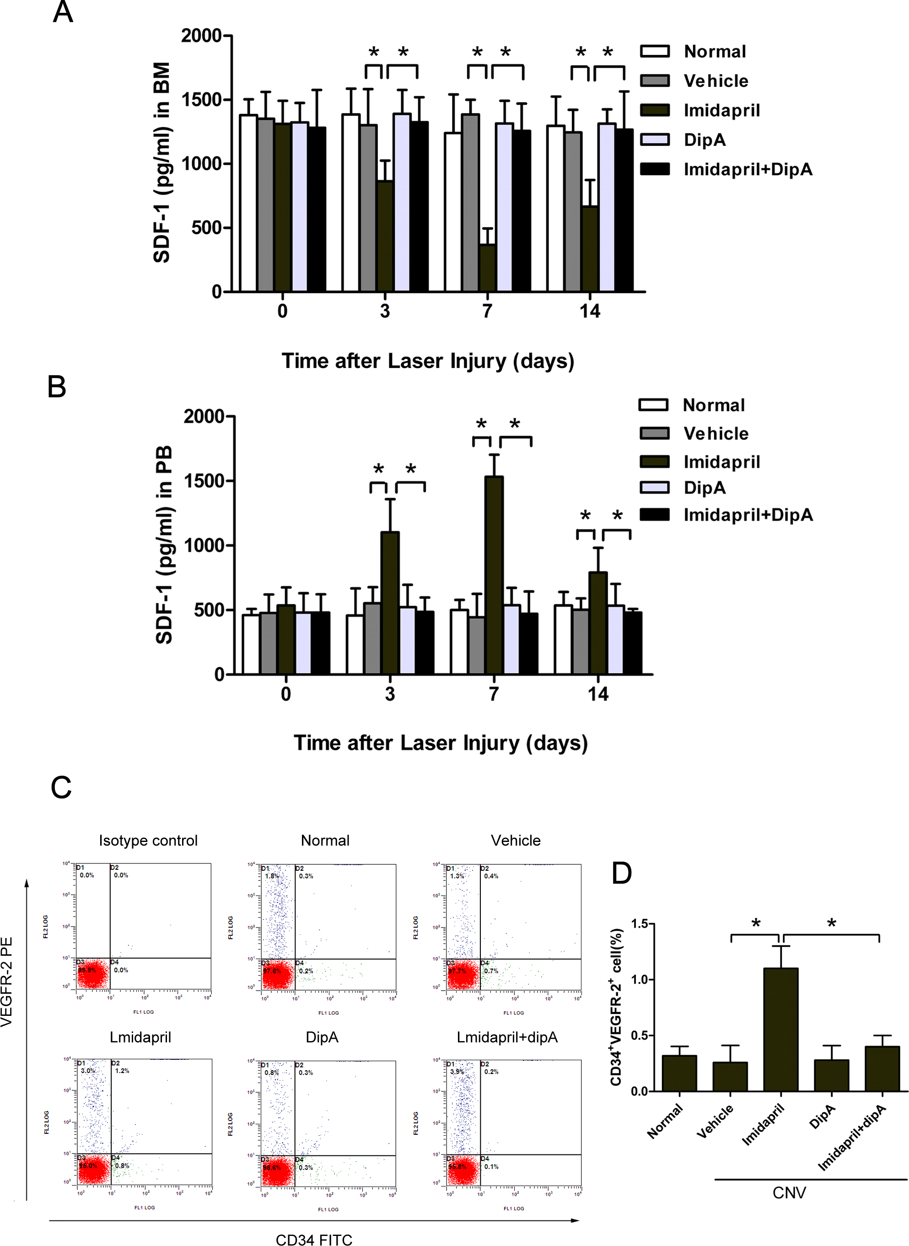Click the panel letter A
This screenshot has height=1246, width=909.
click(63, 12)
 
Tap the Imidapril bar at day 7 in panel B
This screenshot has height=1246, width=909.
click(494, 575)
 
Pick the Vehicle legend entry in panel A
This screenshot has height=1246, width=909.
click(715, 81)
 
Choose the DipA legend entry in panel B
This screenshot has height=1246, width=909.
click(705, 488)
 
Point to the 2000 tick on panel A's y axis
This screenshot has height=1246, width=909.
click(201, 36)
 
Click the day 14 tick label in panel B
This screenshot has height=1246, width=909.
click(597, 694)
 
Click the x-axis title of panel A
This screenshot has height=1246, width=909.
click(428, 361)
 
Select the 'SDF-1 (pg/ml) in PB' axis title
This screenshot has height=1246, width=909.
click(164, 545)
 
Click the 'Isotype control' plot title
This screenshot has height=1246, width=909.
click(148, 841)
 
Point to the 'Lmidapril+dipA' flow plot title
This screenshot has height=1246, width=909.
click(507, 1037)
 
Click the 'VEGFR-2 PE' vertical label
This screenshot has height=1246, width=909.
click(6, 982)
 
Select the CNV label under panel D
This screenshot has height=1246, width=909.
click(789, 1192)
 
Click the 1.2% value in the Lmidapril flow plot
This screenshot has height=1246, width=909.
click(122, 1071)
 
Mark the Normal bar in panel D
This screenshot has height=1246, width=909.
click(679, 1073)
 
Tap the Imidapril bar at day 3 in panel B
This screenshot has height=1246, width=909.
click(390, 602)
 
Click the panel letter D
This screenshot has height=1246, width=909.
click(622, 873)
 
